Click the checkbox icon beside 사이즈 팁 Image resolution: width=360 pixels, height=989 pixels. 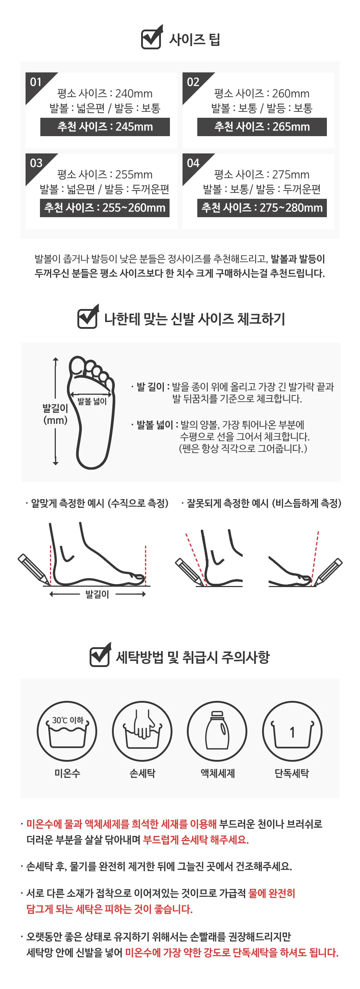[152, 37]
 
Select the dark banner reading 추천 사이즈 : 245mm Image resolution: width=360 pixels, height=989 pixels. [105, 127]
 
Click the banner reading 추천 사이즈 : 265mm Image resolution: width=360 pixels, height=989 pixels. [262, 127]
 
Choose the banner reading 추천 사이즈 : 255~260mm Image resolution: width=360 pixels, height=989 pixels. [105, 208]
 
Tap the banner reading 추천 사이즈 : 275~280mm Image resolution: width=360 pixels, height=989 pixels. [262, 208]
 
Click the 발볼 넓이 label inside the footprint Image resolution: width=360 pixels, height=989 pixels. [92, 402]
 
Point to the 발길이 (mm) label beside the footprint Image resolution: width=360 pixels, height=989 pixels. [55, 414]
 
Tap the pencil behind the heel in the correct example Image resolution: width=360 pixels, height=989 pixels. [34, 569]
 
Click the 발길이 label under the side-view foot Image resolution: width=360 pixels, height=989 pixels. [97, 594]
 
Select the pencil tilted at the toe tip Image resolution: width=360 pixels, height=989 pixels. [328, 572]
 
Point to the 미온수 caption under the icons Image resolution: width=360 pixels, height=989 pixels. [67, 773]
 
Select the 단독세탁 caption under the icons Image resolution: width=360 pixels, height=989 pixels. [292, 773]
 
